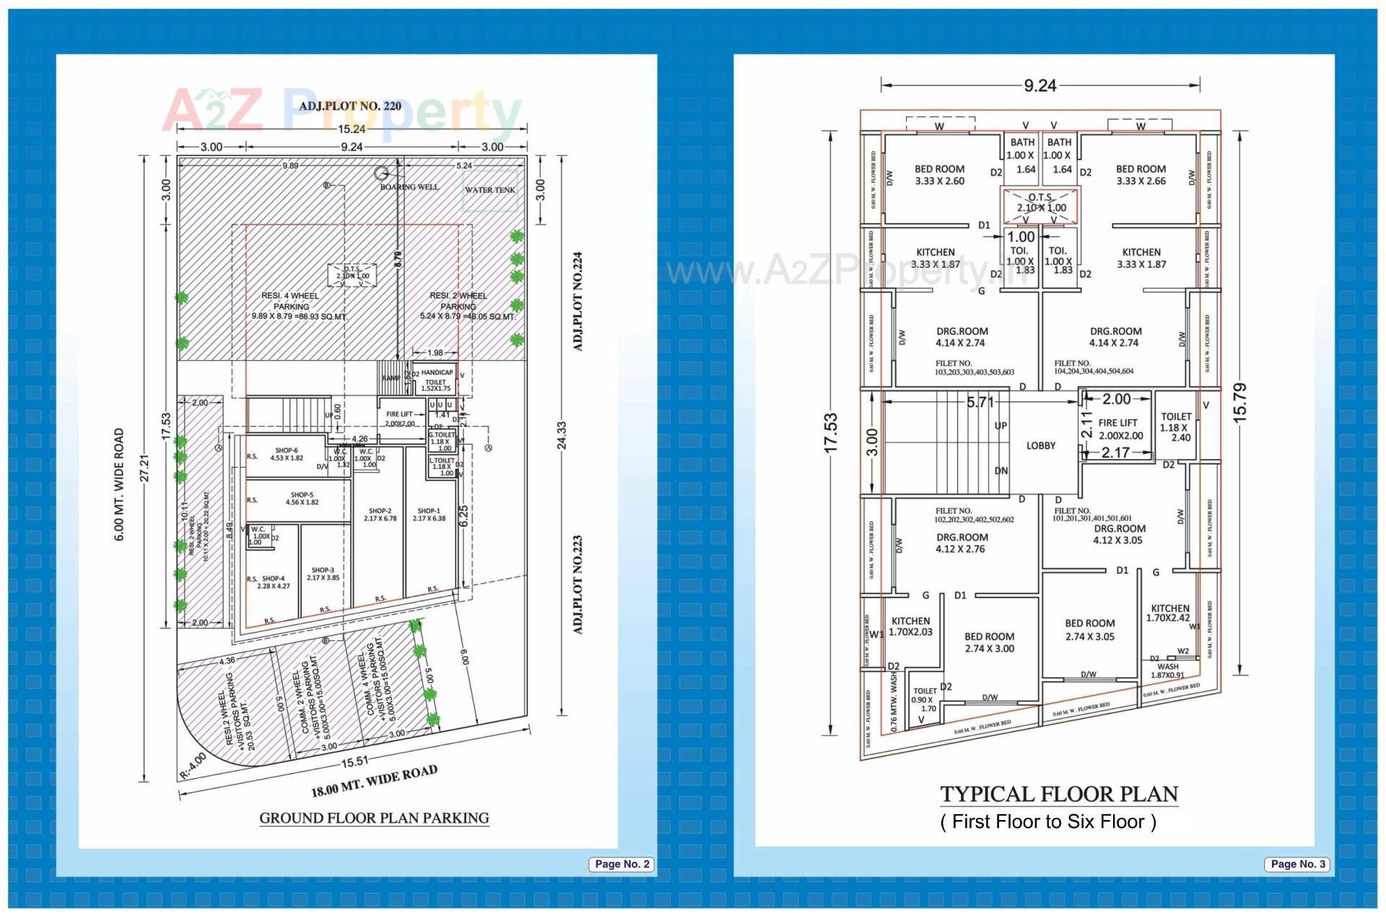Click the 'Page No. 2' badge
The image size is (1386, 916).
(x=622, y=864)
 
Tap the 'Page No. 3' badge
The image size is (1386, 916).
(x=1297, y=864)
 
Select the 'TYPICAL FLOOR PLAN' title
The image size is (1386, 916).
(x=1058, y=795)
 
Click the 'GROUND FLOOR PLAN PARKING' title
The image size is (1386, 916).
(x=374, y=818)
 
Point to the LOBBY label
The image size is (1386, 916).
(x=1040, y=445)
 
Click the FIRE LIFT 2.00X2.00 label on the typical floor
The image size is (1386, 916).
(x=1120, y=429)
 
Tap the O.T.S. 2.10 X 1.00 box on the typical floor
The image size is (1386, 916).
(x=1040, y=205)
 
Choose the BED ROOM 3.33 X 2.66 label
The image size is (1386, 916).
(x=1141, y=175)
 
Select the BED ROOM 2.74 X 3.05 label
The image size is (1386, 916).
(x=1089, y=629)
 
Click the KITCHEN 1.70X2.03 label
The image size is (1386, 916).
(x=910, y=626)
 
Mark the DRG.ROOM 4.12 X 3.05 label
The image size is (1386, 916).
(x=1117, y=534)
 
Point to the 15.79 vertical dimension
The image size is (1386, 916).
(x=1239, y=402)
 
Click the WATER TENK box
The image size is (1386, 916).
(x=490, y=190)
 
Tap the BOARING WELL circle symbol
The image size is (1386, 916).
(x=381, y=173)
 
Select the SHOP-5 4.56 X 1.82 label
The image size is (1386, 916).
(x=302, y=499)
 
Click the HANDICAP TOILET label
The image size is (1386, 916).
(x=436, y=380)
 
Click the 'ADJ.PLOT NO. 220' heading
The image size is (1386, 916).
(x=350, y=106)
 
